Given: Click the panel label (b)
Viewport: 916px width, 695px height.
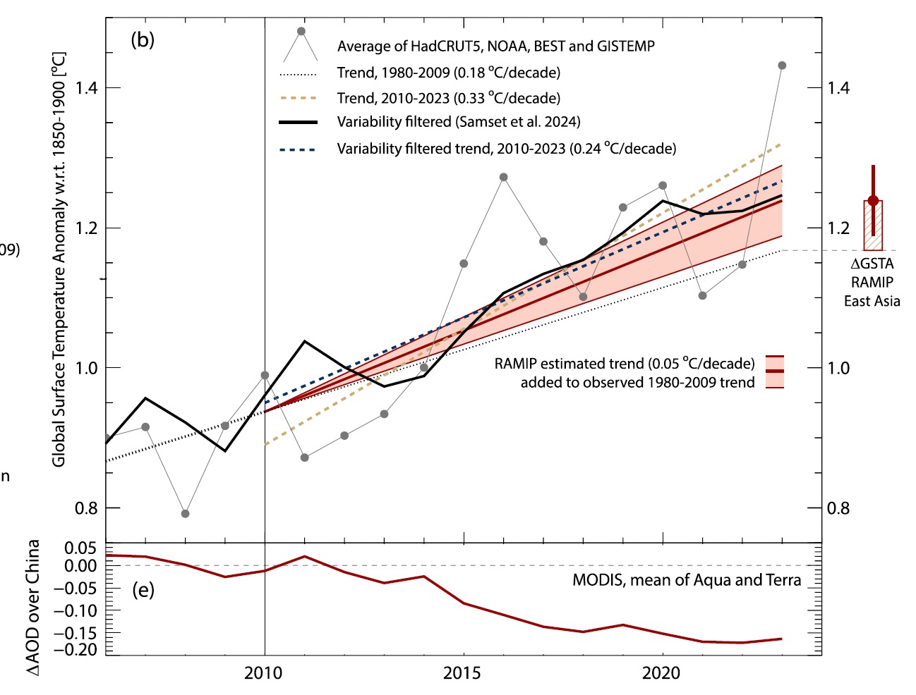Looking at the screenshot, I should click(143, 39).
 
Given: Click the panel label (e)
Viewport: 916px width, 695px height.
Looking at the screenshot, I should click(143, 589).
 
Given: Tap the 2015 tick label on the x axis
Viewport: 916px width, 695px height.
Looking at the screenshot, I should click(462, 673).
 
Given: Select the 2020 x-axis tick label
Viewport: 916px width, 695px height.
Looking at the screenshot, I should click(661, 673).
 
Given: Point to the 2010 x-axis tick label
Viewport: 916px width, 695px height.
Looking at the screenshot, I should click(263, 673).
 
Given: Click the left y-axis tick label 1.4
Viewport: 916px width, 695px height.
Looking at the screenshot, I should click(86, 88).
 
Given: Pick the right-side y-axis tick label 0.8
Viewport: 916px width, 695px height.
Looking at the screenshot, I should click(838, 508).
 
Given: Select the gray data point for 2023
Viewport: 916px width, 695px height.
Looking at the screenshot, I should click(782, 66).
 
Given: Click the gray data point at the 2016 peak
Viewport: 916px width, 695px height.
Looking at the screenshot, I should click(503, 177).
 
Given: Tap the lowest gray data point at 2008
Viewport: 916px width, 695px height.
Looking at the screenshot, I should click(185, 514).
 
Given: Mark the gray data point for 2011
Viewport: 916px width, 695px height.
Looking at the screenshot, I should click(305, 457).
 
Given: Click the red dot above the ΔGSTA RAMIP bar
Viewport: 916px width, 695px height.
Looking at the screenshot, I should click(873, 201).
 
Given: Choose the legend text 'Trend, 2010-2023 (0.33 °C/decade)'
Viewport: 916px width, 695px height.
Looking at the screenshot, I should click(448, 98).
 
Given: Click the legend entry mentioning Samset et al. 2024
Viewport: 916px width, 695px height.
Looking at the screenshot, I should click(458, 122).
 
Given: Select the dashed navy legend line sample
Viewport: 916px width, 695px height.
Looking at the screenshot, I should click(299, 149).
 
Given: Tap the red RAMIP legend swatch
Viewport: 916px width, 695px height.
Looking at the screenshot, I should click(775, 371).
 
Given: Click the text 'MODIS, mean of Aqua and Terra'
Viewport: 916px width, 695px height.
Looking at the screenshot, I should click(686, 580).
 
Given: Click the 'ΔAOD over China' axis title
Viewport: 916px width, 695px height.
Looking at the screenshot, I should click(33, 608).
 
